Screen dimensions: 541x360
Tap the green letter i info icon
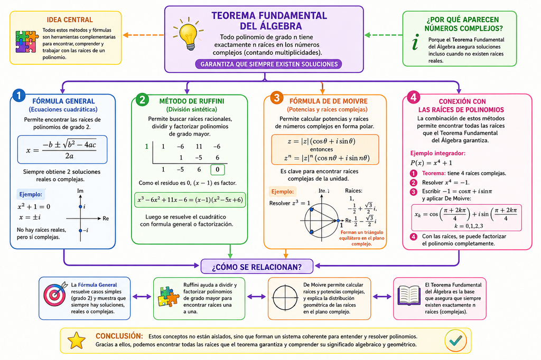coord(416,42)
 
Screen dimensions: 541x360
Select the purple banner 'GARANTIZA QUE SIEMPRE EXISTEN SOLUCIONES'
coord(269,64)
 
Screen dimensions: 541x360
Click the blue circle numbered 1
coord(18,96)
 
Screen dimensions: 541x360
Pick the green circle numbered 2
coord(142,100)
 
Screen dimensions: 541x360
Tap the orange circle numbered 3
coord(276,98)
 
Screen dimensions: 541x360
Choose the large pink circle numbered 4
coord(413,97)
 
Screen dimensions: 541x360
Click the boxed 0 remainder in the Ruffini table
coord(217,169)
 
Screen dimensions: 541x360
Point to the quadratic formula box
coord(62,149)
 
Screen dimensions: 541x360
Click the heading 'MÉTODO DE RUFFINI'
coord(191,101)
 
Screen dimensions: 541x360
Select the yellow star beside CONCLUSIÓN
coord(76,340)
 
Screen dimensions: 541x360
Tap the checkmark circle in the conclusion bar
coord(455,340)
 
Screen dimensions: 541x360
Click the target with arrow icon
coord(55,295)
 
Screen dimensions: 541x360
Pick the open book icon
coord(409,296)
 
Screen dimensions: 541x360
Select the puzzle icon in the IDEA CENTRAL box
coord(27,42)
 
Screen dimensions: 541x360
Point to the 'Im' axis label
coord(80,191)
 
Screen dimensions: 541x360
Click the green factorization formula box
coord(190,200)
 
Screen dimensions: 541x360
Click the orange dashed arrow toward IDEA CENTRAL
coord(144,35)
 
